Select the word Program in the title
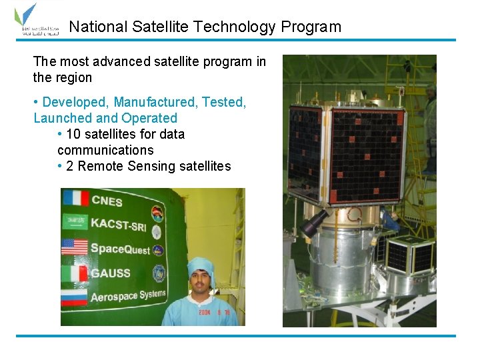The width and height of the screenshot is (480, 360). [311, 27]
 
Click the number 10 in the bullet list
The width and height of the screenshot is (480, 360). [73, 134]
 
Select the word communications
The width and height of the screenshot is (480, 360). [105, 150]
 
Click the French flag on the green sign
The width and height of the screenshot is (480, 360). [75, 199]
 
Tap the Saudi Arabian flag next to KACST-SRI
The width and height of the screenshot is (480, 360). [75, 222]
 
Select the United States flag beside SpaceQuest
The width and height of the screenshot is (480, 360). [75, 247]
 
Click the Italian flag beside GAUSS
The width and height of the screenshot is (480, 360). [75, 273]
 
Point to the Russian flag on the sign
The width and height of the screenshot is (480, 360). [75, 296]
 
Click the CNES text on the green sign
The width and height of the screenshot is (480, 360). [107, 200]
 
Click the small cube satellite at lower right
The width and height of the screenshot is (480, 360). [410, 255]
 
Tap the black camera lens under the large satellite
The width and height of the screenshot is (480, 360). [314, 222]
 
